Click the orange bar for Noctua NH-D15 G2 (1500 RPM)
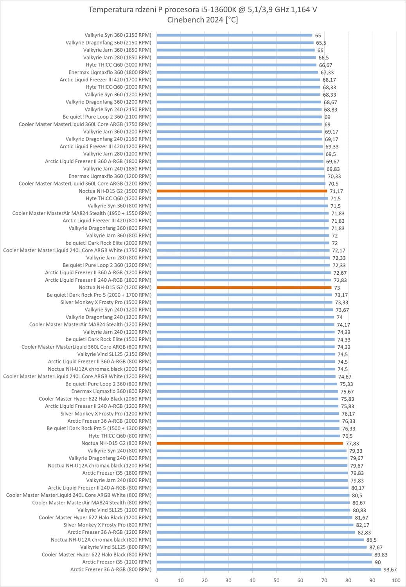click(x=242, y=191)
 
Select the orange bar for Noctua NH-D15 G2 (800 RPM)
click(x=250, y=443)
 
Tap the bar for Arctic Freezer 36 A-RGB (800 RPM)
click(x=269, y=569)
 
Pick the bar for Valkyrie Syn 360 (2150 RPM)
click(x=234, y=35)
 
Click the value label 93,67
click(x=390, y=570)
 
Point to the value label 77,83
click(x=352, y=444)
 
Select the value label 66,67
click(x=325, y=65)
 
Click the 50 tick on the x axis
click(x=277, y=580)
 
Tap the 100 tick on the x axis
click(x=396, y=580)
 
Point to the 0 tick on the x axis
click(x=157, y=580)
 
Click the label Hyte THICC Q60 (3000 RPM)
click(x=118, y=65)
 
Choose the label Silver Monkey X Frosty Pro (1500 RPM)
click(x=106, y=303)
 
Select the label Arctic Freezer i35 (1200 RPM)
click(x=117, y=562)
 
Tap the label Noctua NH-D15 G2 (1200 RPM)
click(x=115, y=288)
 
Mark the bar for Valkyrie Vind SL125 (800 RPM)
click(x=262, y=547)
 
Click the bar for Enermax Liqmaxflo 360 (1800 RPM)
click(x=237, y=72)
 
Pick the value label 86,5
click(x=371, y=540)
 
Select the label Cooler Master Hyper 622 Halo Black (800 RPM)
click(x=96, y=555)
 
